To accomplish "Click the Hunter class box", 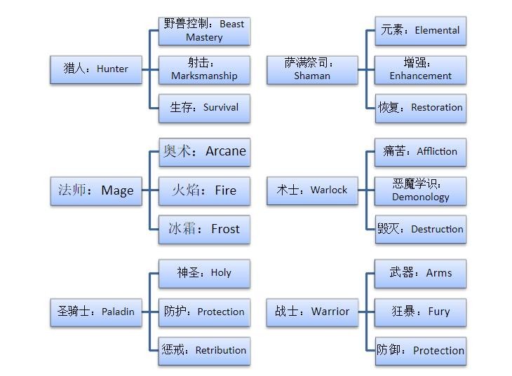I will point(95,69).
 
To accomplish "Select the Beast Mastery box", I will point(204,31).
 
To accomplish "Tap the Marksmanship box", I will point(204,69).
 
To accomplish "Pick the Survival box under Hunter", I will point(204,108).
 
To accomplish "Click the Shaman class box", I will point(312,69).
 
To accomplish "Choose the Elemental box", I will point(420,31).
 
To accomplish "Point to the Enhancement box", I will point(420,69).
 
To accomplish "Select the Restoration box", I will point(420,108).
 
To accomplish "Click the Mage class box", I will point(95,190).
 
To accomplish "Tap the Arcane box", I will point(204,151).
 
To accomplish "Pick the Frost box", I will point(204,229).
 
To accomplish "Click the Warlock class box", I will point(312,190).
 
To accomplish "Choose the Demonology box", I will point(420,190).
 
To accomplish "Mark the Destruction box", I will point(420,229).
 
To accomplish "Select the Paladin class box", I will point(95,312).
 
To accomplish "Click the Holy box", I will point(204,273).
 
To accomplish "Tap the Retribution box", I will point(204,350).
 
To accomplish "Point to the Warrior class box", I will point(312,312).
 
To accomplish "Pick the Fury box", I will point(420,312).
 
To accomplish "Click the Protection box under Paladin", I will point(204,312).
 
